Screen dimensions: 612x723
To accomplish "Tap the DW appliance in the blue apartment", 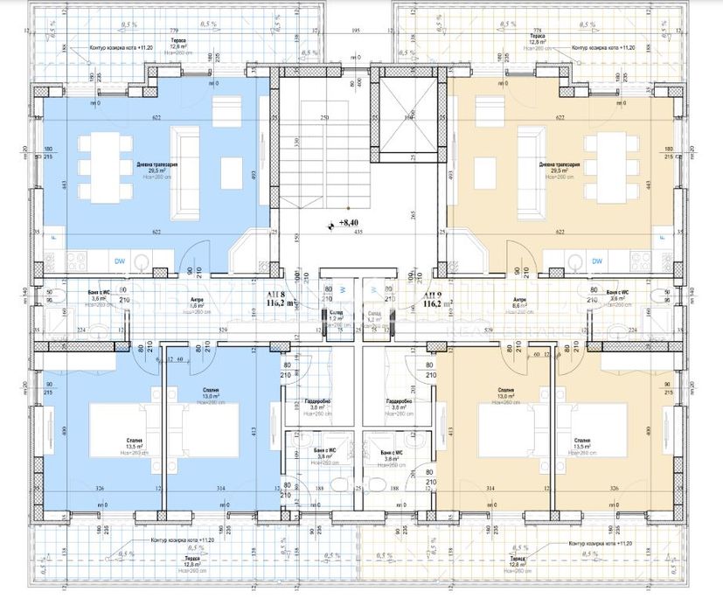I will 119,260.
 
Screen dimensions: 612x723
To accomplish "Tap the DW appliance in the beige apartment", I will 598,261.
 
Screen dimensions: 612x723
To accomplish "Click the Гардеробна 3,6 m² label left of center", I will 318,405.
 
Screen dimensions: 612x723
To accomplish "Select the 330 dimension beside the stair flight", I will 296,142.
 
